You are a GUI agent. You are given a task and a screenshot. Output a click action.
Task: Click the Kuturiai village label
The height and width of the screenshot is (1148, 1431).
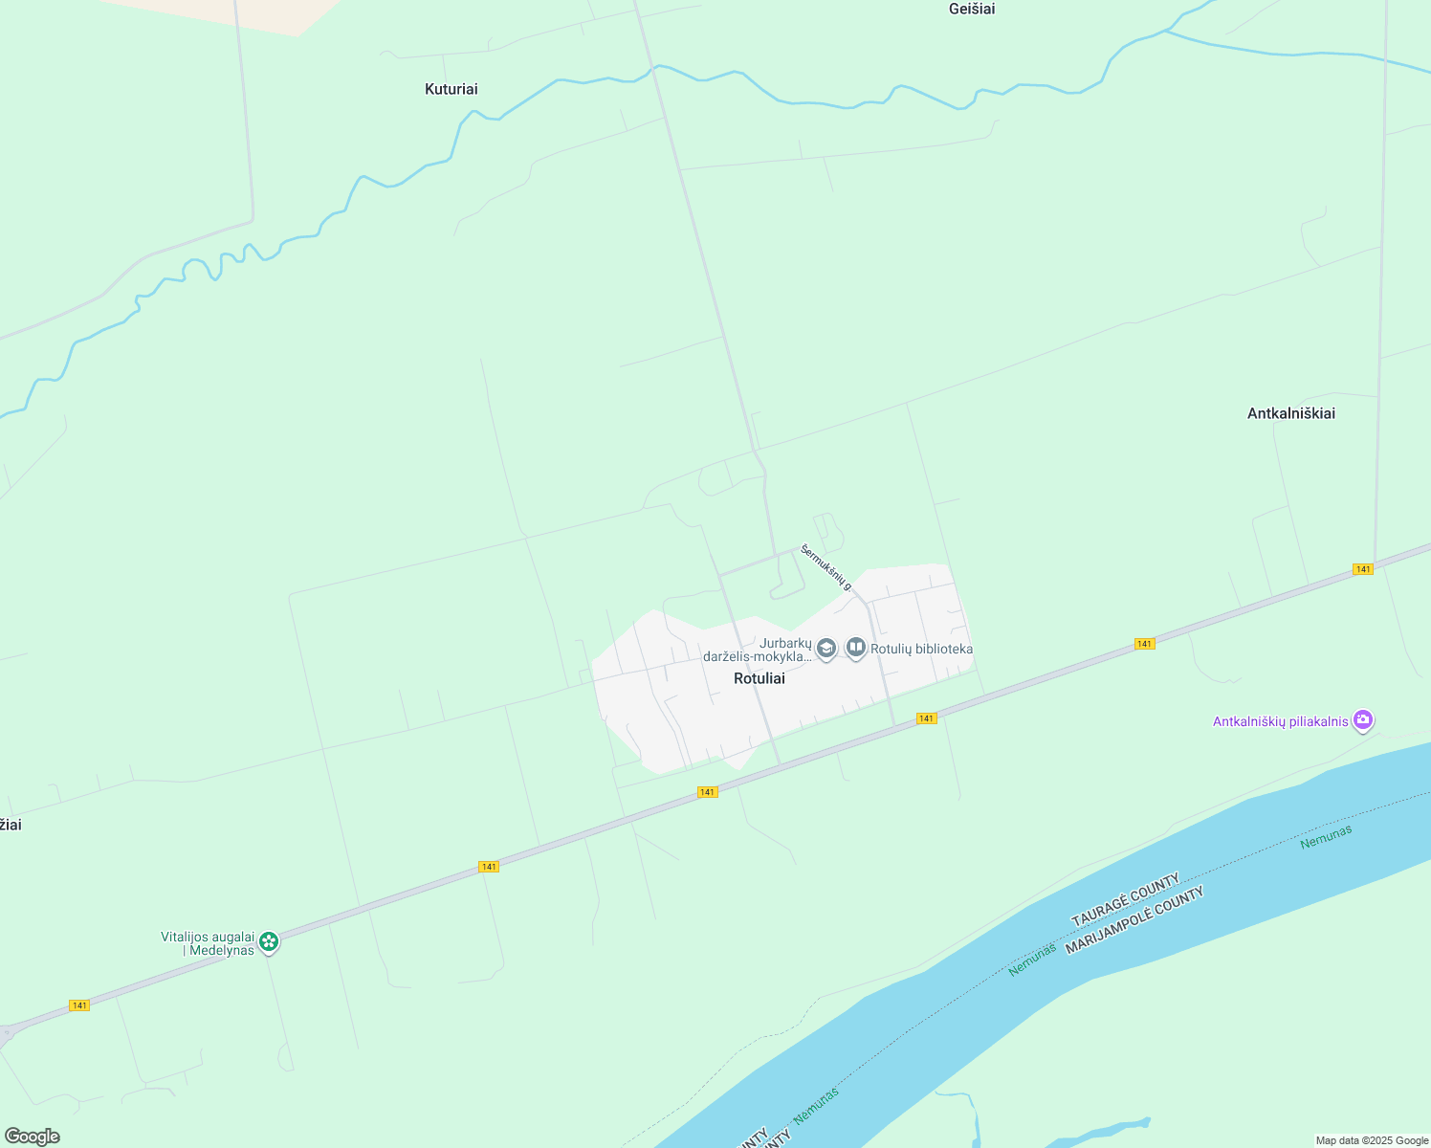tap(451, 89)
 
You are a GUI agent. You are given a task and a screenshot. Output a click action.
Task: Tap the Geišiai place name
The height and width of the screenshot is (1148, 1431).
tap(972, 10)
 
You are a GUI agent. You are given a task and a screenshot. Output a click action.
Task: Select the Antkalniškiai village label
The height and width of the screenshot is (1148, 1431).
tap(1290, 413)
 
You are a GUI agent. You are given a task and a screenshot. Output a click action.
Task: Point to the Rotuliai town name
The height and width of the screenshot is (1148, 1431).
tap(759, 678)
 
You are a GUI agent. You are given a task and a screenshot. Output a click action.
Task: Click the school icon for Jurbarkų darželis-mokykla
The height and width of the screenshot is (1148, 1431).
tap(826, 650)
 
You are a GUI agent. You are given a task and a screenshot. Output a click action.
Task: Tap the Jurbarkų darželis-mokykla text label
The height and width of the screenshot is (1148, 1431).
tap(758, 651)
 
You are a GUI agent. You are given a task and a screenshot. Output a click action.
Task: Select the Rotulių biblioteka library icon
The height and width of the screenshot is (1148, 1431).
tap(856, 649)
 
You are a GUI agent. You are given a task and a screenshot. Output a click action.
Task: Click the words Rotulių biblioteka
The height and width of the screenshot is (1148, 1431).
tap(921, 650)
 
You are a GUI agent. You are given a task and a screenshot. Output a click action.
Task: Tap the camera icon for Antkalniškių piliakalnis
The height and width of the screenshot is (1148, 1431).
tap(1363, 720)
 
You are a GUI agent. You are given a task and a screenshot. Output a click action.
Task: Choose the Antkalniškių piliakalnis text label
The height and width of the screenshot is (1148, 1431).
tap(1280, 722)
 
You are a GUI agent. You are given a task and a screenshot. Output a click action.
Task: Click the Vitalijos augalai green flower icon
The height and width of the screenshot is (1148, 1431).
tap(270, 942)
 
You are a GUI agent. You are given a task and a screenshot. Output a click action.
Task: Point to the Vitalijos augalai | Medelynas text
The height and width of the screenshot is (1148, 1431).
tap(208, 943)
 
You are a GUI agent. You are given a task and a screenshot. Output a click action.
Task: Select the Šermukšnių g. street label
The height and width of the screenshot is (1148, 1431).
tap(826, 567)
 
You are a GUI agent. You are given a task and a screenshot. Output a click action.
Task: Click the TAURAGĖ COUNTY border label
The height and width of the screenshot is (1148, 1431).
tap(1125, 899)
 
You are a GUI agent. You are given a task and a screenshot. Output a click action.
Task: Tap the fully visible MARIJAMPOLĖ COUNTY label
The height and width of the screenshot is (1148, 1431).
tap(1134, 920)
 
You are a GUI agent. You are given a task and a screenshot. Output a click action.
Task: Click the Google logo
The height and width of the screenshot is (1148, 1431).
tap(32, 1137)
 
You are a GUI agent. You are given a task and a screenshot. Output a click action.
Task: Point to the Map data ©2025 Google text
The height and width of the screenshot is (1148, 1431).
tap(1372, 1140)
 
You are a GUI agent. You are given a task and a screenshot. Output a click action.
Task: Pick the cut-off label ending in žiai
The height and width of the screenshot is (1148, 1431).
tap(10, 825)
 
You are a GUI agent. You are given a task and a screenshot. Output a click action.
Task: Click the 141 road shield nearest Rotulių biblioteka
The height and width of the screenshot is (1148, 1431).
tap(926, 718)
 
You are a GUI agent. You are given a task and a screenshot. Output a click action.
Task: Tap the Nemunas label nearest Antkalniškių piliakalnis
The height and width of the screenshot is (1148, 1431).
tap(1326, 837)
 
